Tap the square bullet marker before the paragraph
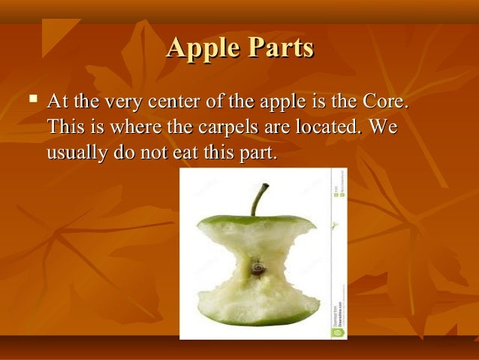click(31, 99)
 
